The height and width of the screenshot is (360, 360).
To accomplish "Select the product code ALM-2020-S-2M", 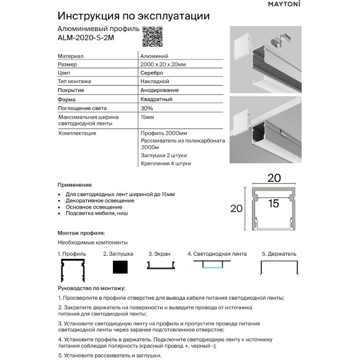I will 85,37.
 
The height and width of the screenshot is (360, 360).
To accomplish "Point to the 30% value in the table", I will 147,108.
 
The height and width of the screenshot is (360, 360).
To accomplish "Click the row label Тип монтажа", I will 74,82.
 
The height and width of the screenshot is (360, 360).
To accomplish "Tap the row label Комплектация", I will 76,133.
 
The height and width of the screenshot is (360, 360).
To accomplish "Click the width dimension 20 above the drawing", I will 274,178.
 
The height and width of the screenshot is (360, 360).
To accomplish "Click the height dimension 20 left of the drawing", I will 236,209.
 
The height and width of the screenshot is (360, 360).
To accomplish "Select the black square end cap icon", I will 120,267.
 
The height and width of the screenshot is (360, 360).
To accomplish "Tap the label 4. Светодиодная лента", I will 217,254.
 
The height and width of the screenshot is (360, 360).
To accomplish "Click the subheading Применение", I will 74,185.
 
